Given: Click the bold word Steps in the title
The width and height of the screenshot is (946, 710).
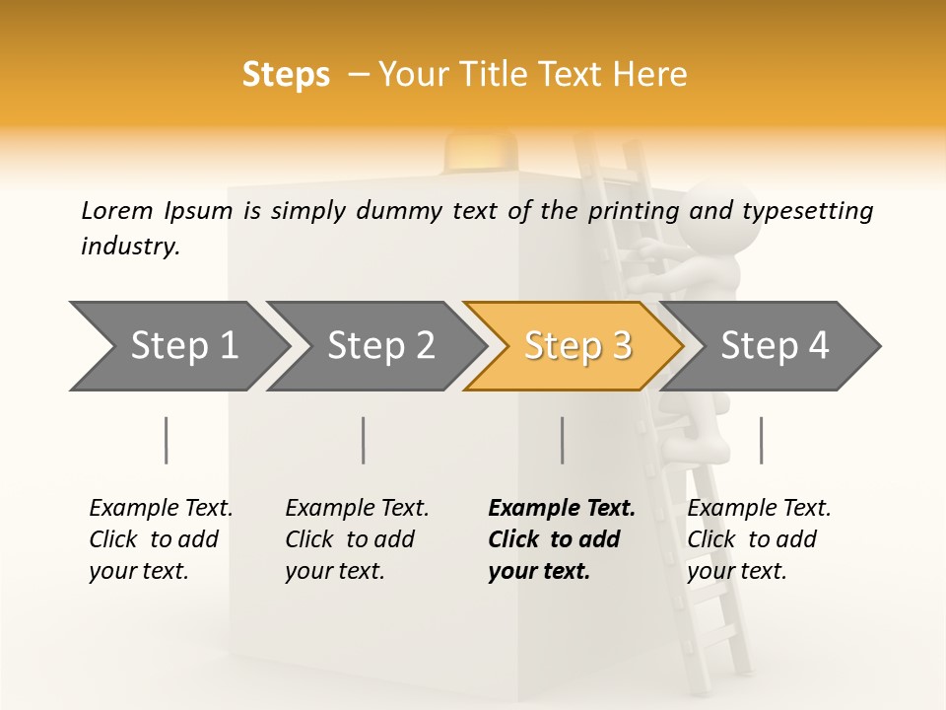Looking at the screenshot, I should click(x=286, y=75).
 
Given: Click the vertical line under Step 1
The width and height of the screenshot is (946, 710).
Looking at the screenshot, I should click(x=166, y=440).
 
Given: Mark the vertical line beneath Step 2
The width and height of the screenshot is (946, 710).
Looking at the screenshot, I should click(x=364, y=440).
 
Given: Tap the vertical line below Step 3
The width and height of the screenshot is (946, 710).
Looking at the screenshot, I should click(x=562, y=440).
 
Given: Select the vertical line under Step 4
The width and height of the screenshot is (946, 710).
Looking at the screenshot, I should click(x=761, y=440).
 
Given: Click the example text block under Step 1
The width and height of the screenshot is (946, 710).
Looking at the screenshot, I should click(x=160, y=539).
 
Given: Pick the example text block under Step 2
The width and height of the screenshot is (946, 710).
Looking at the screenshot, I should click(x=356, y=539).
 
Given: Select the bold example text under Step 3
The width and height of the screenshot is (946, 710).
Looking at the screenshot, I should click(x=561, y=539).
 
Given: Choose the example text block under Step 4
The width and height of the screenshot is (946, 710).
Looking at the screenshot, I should click(x=758, y=539).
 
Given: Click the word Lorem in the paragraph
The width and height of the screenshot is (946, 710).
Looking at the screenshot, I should click(x=117, y=211).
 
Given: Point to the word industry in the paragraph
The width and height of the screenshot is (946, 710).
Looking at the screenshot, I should click(x=129, y=247).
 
